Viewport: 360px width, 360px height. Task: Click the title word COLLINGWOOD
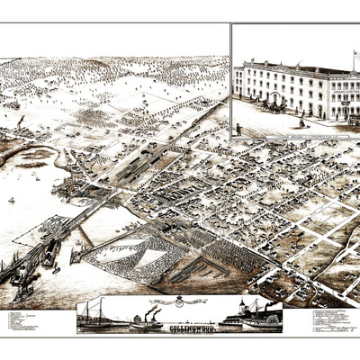[x=180, y=328]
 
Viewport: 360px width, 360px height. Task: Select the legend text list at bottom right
[x=329, y=319]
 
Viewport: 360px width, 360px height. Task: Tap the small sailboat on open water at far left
[x=11, y=200]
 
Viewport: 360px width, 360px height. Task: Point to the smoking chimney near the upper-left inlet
[x=20, y=120]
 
